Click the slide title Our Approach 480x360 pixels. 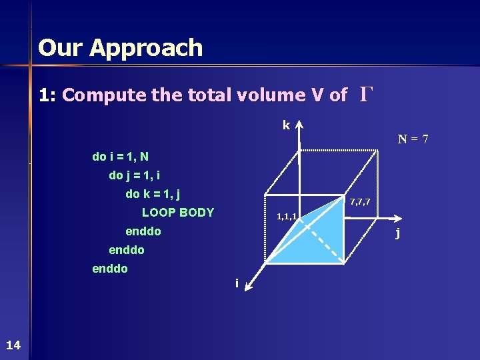click(x=120, y=48)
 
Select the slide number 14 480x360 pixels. click(x=13, y=345)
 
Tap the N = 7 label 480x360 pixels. click(x=413, y=139)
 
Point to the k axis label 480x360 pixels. click(x=286, y=125)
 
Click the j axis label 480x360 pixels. click(x=397, y=233)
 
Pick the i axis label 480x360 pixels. click(x=236, y=283)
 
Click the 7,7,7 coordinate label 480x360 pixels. click(x=360, y=201)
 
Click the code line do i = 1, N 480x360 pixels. click(x=120, y=157)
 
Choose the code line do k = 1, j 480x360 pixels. click(x=153, y=195)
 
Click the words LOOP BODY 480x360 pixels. click(x=178, y=213)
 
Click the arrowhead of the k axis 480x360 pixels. click(x=299, y=125)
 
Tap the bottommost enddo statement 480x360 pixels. click(x=110, y=269)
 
